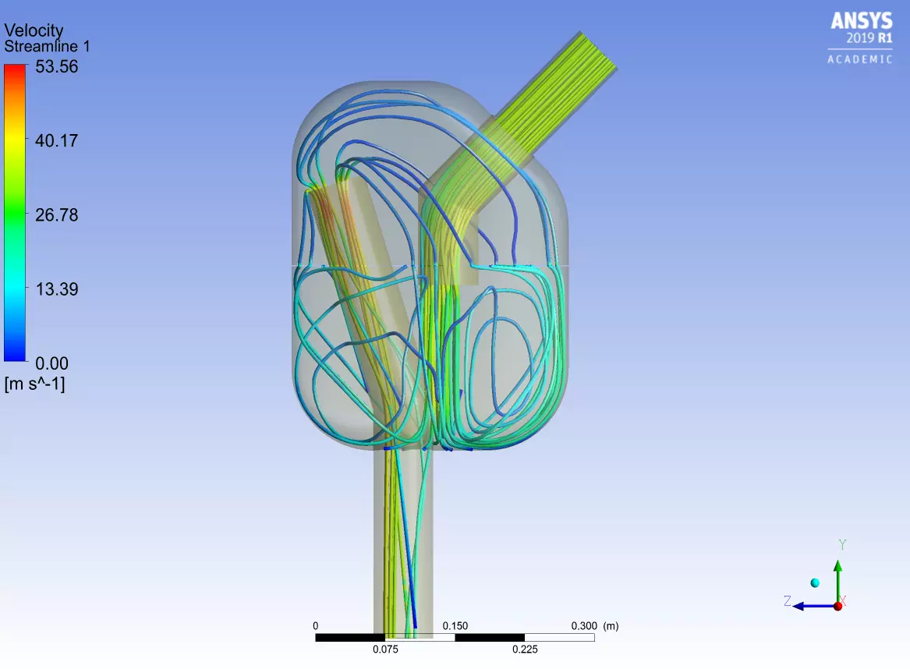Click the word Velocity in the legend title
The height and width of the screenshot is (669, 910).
(x=34, y=30)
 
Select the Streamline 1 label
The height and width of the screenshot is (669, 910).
(x=47, y=46)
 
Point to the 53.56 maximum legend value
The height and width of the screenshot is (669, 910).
(x=56, y=67)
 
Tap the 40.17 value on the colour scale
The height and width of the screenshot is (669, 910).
(x=56, y=141)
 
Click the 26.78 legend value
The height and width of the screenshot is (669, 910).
(x=56, y=215)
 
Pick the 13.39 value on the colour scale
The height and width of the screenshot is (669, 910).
(x=56, y=289)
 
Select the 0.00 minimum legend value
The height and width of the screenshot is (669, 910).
(x=51, y=363)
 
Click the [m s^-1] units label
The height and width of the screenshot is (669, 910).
(x=34, y=383)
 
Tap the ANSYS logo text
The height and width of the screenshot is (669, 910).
(x=861, y=21)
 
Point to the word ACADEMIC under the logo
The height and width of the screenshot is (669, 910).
(x=860, y=59)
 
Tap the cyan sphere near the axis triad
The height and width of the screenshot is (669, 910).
(x=815, y=583)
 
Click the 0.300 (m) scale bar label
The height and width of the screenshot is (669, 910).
(x=595, y=625)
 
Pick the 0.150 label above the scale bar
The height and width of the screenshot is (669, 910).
(x=455, y=625)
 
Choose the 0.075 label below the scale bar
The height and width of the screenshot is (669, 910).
(x=385, y=650)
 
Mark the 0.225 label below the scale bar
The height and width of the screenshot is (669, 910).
(x=525, y=650)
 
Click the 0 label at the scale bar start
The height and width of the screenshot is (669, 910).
(x=315, y=625)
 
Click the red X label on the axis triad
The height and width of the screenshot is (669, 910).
(x=842, y=601)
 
